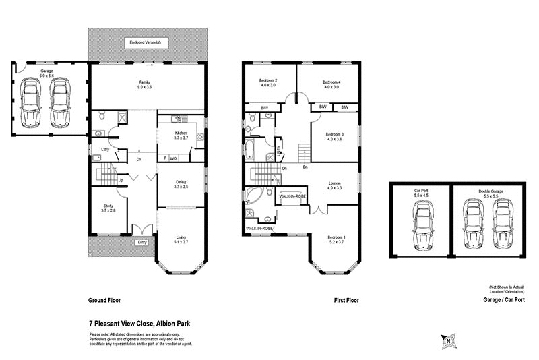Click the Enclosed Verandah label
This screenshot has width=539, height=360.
[x=149, y=43]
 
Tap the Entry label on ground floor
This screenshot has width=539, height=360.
[x=141, y=243]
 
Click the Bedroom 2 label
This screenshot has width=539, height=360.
[x=268, y=83]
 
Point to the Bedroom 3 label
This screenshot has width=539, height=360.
[x=335, y=137]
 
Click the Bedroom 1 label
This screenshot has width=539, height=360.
[x=336, y=239]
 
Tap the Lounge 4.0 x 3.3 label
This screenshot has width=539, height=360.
[x=335, y=186]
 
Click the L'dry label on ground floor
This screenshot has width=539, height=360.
[x=105, y=149]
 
